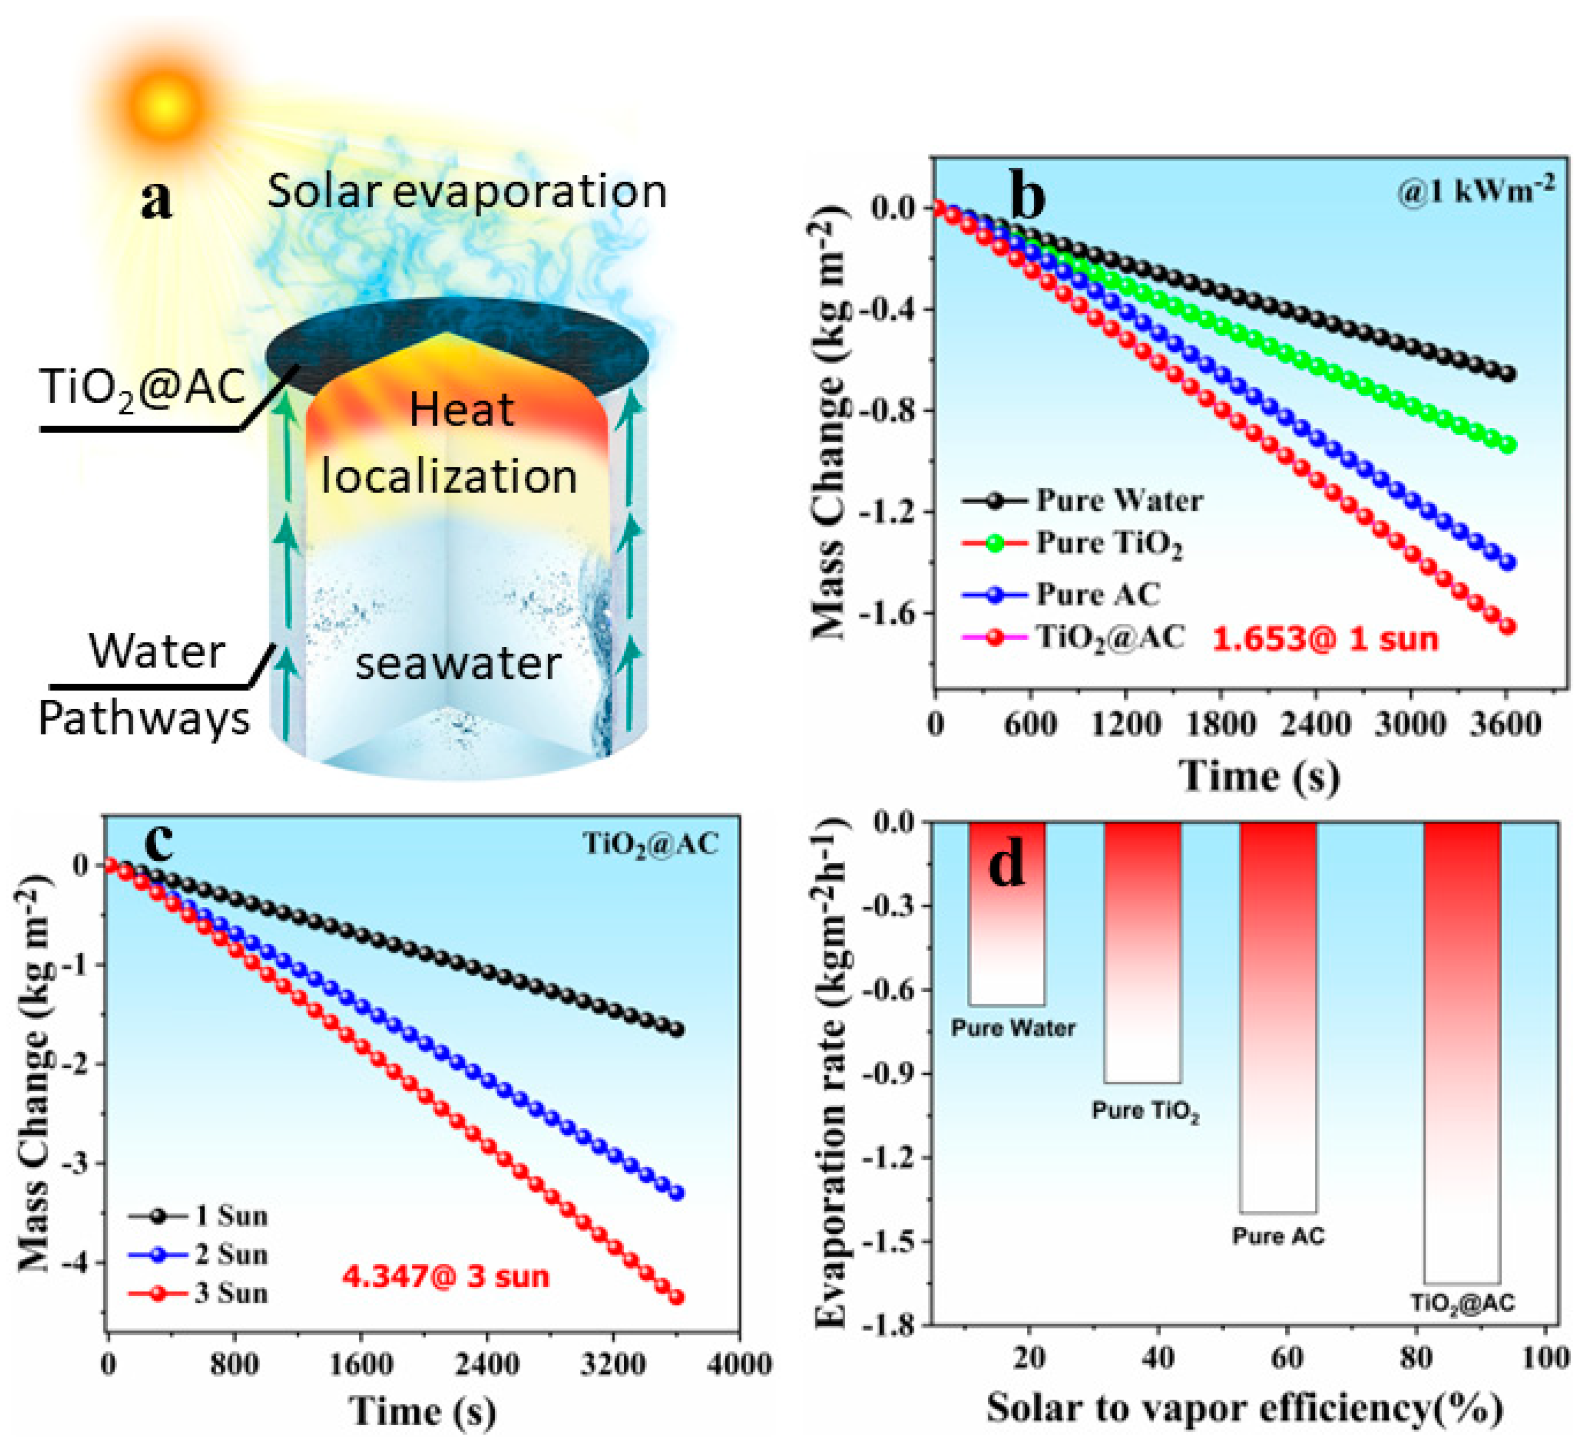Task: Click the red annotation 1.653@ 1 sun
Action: (x=1325, y=639)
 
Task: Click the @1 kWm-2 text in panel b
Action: (x=1475, y=189)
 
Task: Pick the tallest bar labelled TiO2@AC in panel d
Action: (x=1462, y=1053)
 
